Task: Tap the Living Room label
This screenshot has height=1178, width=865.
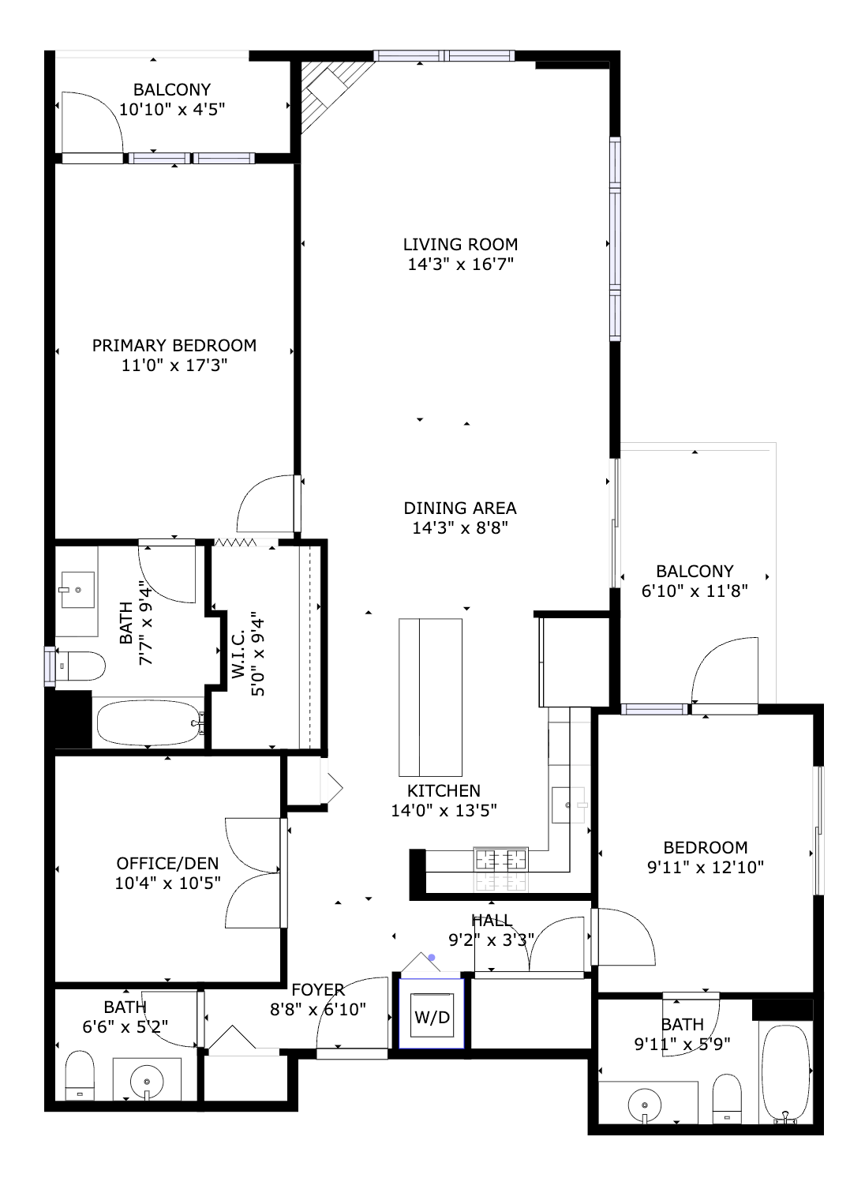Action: click(x=460, y=245)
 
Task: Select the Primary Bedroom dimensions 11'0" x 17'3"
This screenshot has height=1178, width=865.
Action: click(x=174, y=365)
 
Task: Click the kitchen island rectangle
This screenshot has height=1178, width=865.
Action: click(x=430, y=697)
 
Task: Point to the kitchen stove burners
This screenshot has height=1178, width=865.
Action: click(x=500, y=860)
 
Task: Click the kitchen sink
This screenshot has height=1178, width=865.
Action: click(x=568, y=805)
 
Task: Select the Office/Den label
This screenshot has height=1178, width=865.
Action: click(x=167, y=864)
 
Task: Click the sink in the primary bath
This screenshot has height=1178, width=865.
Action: click(x=78, y=590)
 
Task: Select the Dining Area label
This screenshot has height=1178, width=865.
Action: click(x=460, y=508)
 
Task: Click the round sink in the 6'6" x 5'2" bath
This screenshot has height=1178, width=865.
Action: click(x=147, y=1082)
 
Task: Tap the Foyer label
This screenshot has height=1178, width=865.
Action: click(x=318, y=990)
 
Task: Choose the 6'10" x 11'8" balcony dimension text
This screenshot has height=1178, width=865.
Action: click(x=695, y=591)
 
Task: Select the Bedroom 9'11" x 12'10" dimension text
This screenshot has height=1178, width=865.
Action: click(x=705, y=867)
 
